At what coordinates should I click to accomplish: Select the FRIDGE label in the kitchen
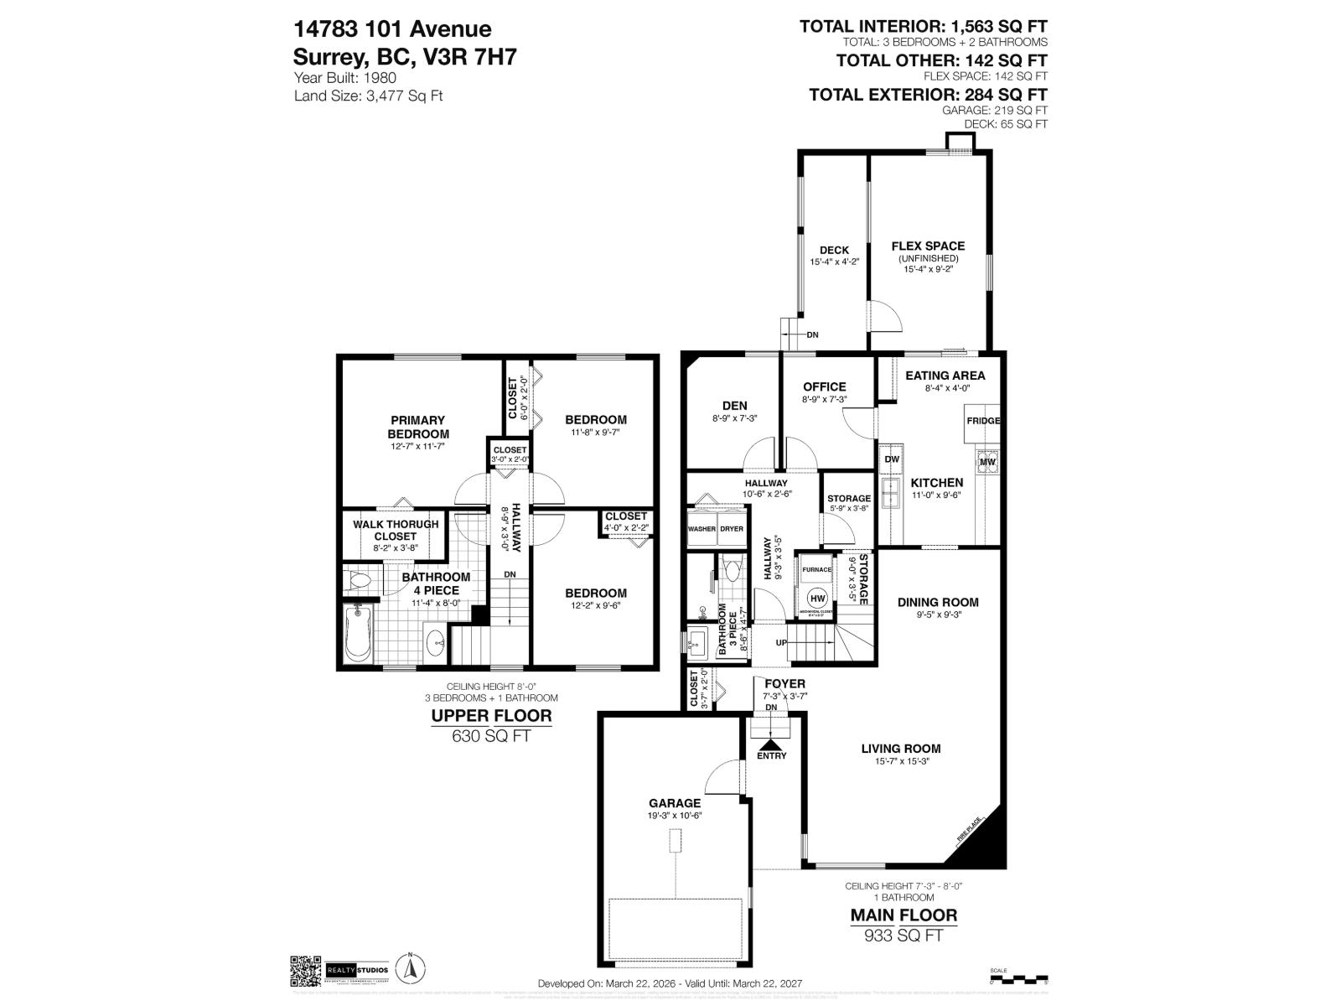983,421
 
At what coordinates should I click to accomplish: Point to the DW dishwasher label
892,459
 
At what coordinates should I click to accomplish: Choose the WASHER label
702,529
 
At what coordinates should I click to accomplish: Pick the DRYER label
732,529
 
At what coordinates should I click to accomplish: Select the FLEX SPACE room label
928,246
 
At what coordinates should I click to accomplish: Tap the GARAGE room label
674,803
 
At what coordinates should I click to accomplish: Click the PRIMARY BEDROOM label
417,427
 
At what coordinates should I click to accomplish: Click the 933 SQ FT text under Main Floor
903,936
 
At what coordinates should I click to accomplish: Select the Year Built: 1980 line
345,77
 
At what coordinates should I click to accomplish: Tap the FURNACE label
817,569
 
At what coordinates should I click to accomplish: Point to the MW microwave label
986,462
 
